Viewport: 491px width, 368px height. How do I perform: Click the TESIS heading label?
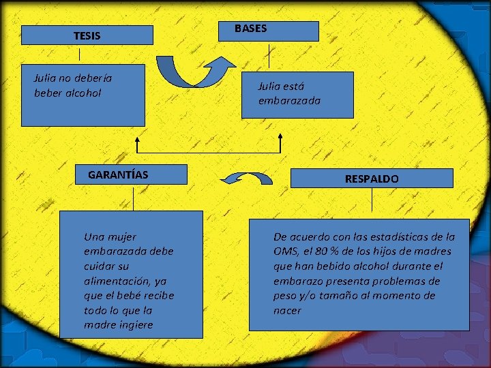(87, 35)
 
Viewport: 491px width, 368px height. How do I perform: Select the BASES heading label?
(250, 29)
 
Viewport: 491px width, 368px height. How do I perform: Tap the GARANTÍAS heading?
(118, 174)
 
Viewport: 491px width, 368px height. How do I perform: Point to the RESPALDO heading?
(372, 179)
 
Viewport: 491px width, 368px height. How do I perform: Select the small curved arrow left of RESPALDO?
(246, 179)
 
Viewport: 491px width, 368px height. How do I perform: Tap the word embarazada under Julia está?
(289, 101)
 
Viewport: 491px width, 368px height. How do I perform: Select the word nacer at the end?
(287, 311)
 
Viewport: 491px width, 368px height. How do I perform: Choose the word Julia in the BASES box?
(269, 86)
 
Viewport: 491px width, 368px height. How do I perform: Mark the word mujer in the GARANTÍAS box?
(122, 237)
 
